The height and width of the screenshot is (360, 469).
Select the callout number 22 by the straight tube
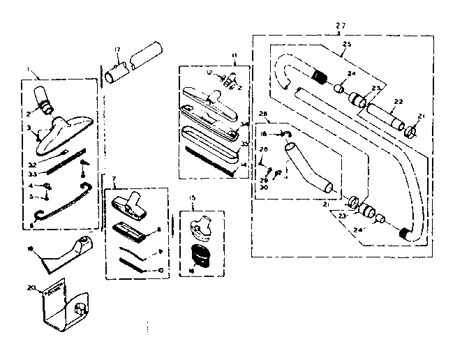[x=398, y=102]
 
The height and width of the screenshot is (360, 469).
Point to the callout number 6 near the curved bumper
[x=32, y=226]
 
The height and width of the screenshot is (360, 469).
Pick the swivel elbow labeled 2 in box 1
[x=45, y=100]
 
